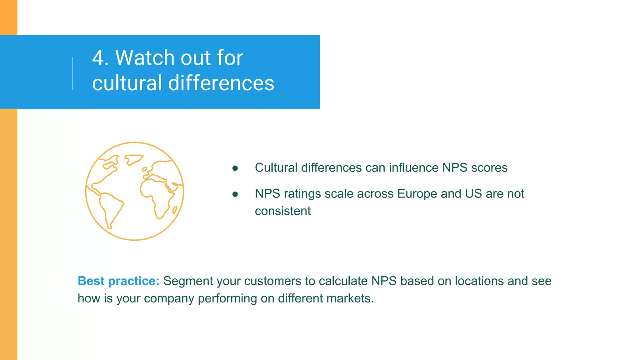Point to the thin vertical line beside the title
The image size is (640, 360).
point(73,73)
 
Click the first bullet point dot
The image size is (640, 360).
point(235,168)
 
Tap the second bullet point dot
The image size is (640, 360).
point(235,194)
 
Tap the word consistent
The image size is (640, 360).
point(283,211)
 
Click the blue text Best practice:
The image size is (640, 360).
point(118,281)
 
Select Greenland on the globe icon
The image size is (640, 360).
point(133,159)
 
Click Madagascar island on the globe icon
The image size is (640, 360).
point(175,210)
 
